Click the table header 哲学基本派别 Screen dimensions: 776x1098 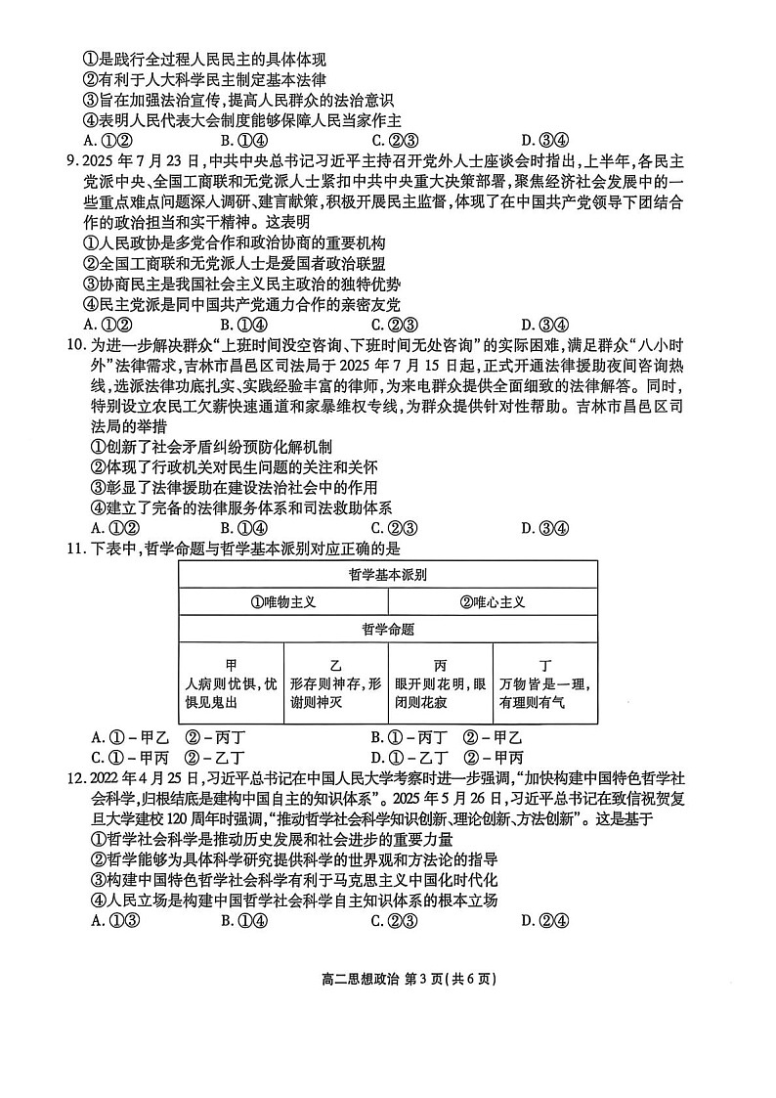click(x=387, y=574)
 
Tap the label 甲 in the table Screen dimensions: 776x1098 click(x=232, y=665)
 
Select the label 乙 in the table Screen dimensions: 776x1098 click(x=336, y=665)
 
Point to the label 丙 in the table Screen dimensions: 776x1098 click(x=440, y=665)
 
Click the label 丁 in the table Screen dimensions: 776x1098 click(x=545, y=665)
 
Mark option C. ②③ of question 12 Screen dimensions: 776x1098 click(x=395, y=920)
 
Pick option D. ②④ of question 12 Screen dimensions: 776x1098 click(x=545, y=920)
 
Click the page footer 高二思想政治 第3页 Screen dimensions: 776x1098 click(x=387, y=981)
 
